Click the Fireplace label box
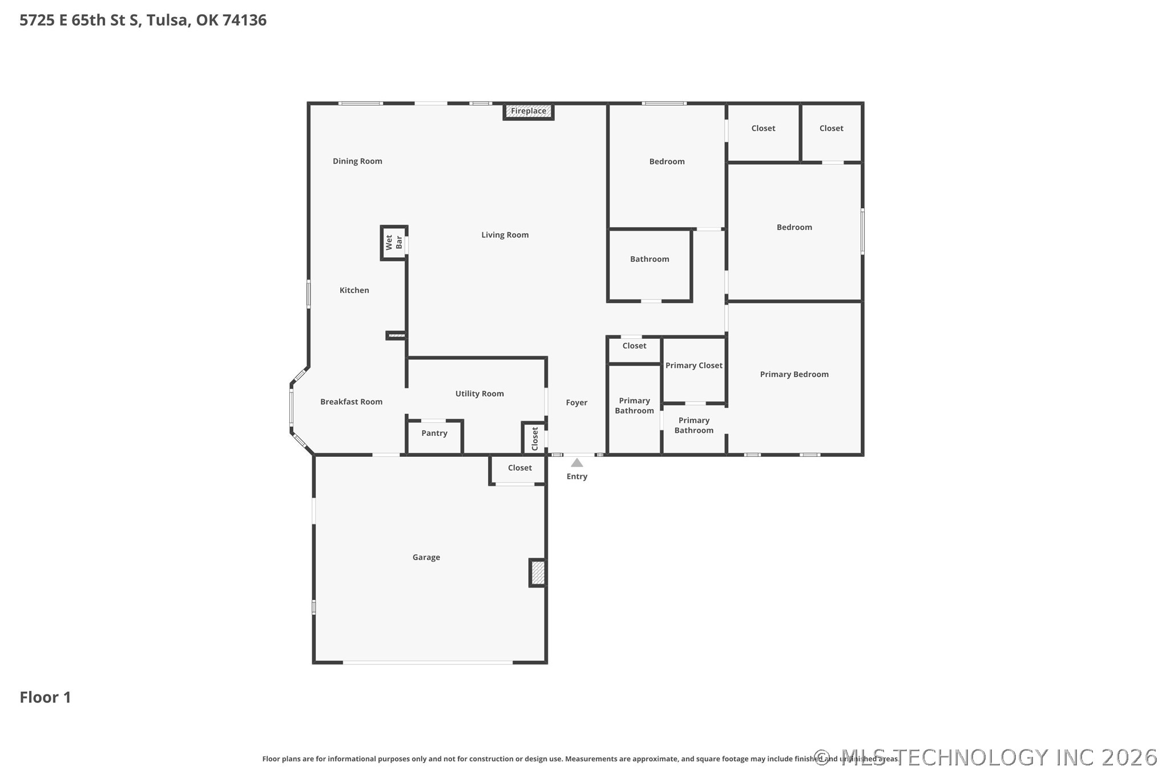528,111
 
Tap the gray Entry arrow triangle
577,463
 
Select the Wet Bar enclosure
394,242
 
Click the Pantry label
434,433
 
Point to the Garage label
426,557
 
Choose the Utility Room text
479,394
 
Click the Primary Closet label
694,366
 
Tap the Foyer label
576,403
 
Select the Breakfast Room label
351,402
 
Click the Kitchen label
354,290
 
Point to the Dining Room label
357,161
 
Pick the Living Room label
505,235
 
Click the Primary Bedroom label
794,374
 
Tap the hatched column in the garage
538,573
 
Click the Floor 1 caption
46,697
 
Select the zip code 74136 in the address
244,20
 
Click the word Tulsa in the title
167,20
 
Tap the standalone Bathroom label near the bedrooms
649,259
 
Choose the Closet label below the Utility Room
520,468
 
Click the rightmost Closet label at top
832,128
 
